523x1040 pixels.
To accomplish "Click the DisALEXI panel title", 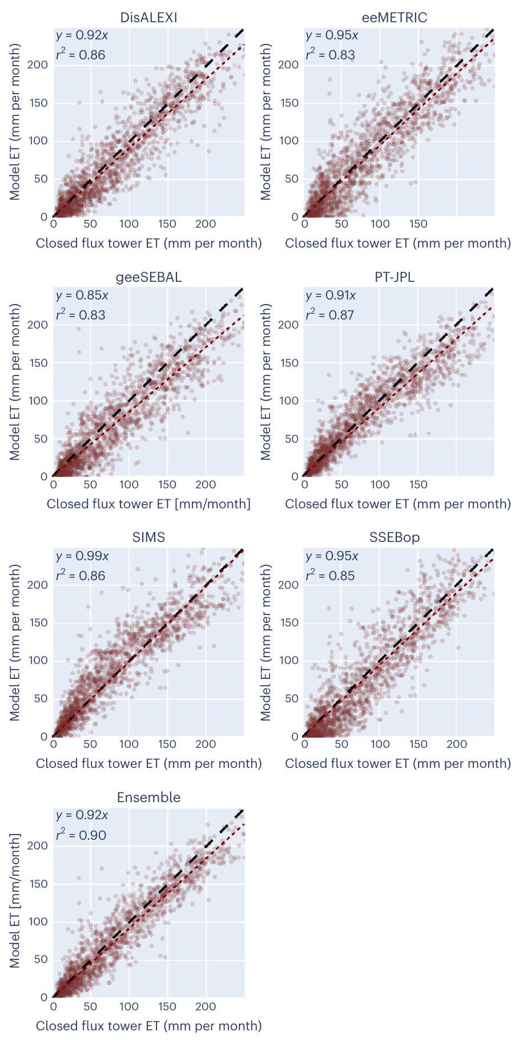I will click(148, 18).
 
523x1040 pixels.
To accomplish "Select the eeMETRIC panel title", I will click(395, 18).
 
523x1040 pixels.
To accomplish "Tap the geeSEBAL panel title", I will click(148, 277).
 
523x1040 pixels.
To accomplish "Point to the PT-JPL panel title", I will click(395, 277).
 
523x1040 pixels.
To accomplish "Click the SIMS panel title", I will click(148, 537).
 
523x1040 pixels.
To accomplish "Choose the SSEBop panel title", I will click(395, 537).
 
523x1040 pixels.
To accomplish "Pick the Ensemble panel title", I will click(148, 798).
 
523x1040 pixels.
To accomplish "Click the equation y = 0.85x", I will click(82, 296).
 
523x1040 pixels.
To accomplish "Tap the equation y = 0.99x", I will click(82, 556).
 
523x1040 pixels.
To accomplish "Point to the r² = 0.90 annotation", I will click(81, 835).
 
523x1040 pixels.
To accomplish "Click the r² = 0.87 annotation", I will click(330, 314).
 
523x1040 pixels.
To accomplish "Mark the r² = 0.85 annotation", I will click(330, 575).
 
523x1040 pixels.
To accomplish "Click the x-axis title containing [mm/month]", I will click(148, 504).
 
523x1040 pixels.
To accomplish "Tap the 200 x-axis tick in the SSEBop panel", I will click(457, 744).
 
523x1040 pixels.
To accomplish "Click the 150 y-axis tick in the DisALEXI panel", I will click(41, 103).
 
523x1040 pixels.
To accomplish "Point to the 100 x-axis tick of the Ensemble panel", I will click(129, 1007).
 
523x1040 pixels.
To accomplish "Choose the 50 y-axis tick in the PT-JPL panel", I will click(292, 439).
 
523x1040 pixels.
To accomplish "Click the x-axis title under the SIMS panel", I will click(148, 763).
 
